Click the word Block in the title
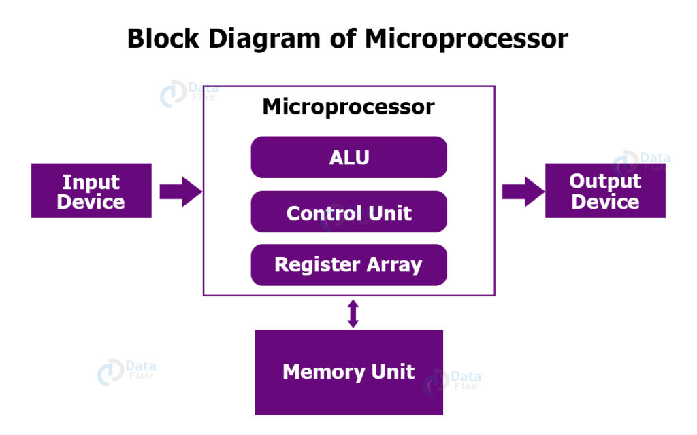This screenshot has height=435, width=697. point(164,39)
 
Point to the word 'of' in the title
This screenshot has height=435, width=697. point(342,39)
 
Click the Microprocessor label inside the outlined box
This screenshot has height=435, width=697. point(348,107)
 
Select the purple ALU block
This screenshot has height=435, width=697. point(348,157)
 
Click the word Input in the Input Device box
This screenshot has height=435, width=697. point(91,181)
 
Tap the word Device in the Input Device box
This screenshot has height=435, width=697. point(91,202)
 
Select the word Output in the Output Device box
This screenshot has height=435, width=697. point(605,181)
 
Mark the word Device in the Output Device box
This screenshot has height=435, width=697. point(605,202)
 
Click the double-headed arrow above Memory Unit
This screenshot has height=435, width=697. point(353,313)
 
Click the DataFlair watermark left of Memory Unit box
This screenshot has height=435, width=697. point(126,371)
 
